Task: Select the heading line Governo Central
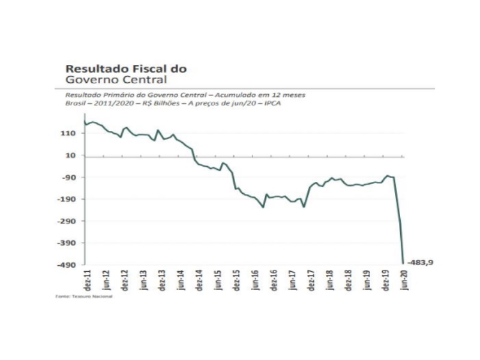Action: point(116,79)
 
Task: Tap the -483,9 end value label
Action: point(421,262)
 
